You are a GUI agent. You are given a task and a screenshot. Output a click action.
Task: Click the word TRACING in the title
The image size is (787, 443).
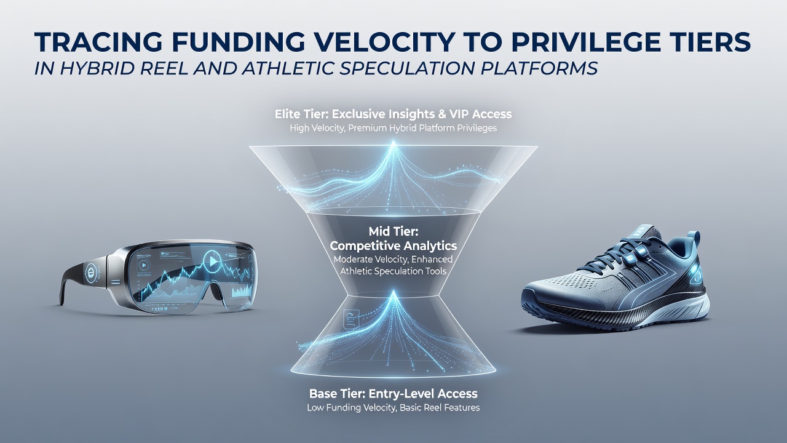click(x=98, y=42)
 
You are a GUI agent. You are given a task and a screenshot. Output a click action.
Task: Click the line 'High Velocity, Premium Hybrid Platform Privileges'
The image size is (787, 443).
click(x=393, y=128)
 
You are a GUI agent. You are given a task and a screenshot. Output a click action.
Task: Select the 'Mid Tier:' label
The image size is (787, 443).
click(x=393, y=231)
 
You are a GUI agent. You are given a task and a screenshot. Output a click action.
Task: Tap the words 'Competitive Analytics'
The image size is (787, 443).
click(x=393, y=245)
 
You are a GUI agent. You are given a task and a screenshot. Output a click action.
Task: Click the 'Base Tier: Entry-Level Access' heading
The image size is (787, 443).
click(x=393, y=393)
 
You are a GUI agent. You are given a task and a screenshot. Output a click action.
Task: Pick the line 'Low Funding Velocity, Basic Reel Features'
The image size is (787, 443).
click(x=393, y=408)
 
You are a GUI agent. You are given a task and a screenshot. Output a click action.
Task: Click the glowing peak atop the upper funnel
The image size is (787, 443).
click(x=393, y=143)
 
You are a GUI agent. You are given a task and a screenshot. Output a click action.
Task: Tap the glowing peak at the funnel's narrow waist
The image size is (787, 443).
click(x=393, y=293)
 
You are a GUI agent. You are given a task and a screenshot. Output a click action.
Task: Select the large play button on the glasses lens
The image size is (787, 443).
click(x=212, y=261)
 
